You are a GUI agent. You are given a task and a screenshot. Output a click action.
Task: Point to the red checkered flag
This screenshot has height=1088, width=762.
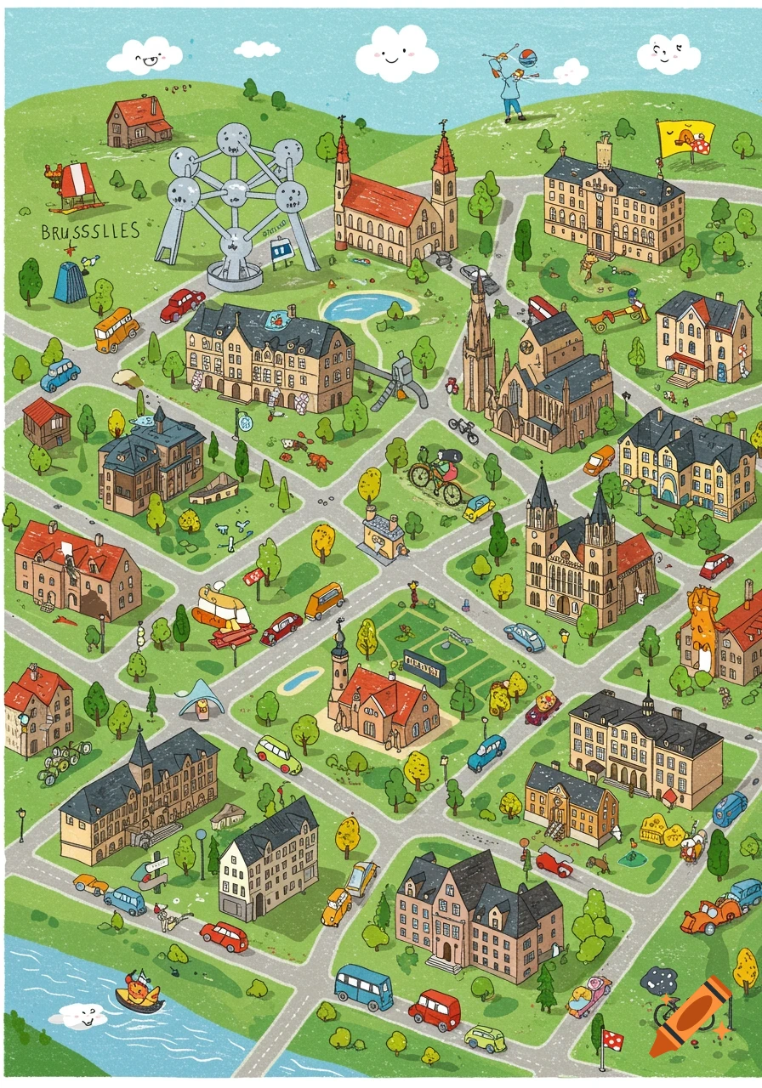point(612,1038)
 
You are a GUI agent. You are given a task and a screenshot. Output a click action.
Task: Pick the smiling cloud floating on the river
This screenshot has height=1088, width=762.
point(78,1015)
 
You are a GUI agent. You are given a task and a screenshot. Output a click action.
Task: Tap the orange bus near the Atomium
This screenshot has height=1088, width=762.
point(117,330)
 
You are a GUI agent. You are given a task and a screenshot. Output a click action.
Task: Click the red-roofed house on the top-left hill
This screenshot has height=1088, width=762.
point(139,121)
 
